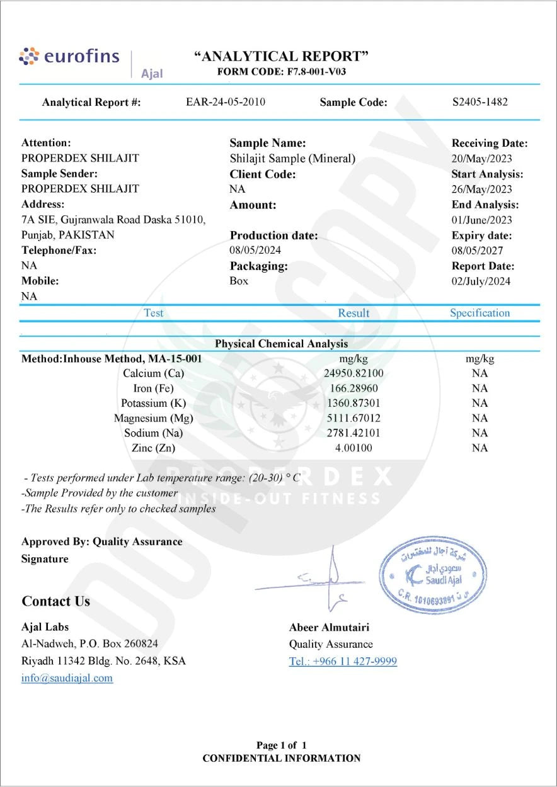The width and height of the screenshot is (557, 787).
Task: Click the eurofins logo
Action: point(69,57)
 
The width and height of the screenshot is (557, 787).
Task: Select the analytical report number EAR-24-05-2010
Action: point(226,102)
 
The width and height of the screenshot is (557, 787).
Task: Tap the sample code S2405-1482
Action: point(480,102)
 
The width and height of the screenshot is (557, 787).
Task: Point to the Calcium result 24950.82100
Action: point(353,373)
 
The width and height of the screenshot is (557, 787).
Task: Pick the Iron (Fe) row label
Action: point(153,388)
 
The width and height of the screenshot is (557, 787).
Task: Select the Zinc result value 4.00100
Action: point(353,448)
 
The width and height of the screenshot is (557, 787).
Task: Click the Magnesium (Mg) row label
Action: point(153,418)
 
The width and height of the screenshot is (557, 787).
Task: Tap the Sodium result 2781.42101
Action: point(353,433)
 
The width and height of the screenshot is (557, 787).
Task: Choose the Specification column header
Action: point(479,313)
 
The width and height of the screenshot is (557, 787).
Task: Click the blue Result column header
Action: point(353,313)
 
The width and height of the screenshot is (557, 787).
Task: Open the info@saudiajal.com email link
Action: point(67,678)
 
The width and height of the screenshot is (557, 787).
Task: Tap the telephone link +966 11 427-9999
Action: point(343,662)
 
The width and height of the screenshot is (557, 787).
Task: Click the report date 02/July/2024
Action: point(481,281)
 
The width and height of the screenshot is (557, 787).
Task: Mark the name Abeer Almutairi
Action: point(329,627)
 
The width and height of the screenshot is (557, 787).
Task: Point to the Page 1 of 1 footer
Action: point(282,745)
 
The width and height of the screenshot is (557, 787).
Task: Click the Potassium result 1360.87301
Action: point(353,403)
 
